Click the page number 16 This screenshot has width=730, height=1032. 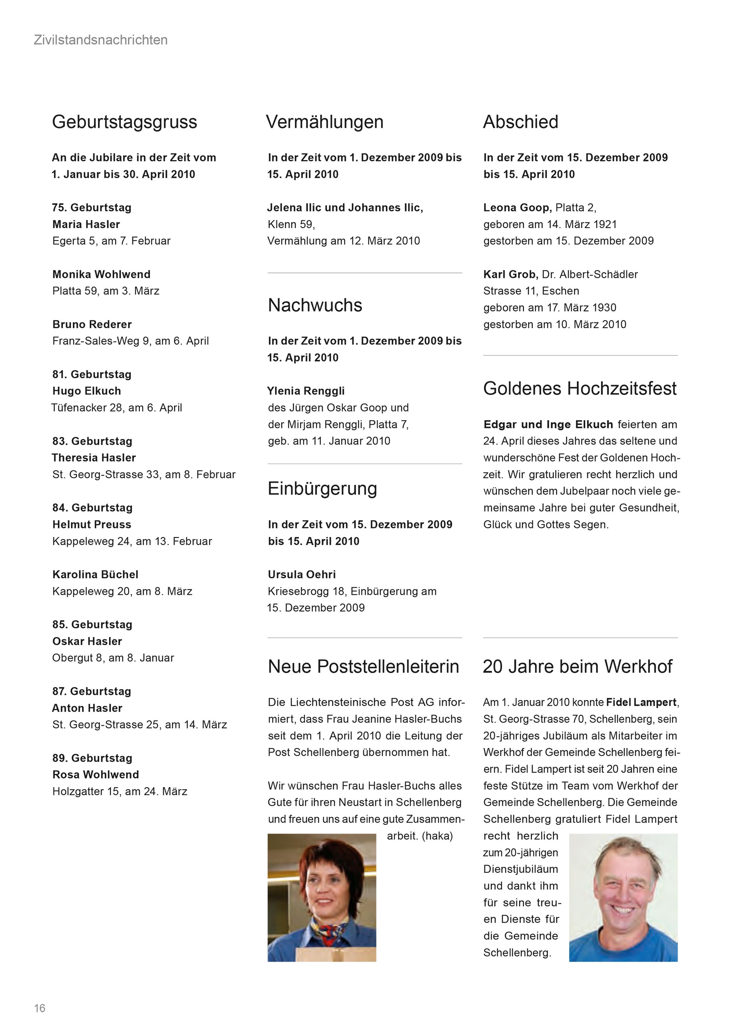pos(40,1008)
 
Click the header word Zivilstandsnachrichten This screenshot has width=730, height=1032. pos(101,40)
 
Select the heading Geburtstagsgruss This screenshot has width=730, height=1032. pos(124,122)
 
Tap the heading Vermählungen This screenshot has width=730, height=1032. pos(325,122)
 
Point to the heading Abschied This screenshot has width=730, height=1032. pos(521,122)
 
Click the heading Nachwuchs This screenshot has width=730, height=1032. pos(315,305)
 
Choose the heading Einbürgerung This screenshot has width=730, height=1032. pos(322,488)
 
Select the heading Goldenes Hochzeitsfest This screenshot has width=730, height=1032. pos(579,388)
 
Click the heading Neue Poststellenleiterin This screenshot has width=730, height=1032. pos(363,667)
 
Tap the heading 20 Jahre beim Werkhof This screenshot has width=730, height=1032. pos(577,667)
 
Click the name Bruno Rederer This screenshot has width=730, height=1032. pos(92,324)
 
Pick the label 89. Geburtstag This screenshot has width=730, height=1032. pos(92,758)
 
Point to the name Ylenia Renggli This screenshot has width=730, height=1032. pos(306,391)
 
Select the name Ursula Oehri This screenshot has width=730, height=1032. pos(302,574)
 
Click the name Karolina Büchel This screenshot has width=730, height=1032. pos(95,574)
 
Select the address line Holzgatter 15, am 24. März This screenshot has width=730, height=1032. pos(119,791)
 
